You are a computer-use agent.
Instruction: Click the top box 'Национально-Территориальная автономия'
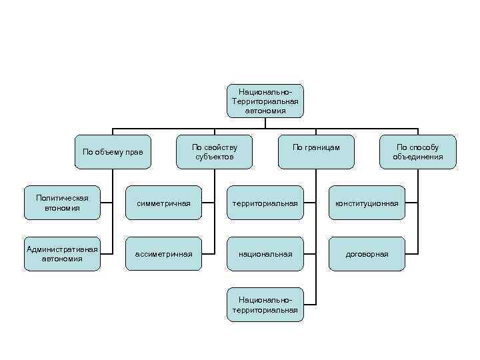pyautogui.click(x=265, y=101)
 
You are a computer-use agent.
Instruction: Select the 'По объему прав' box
pyautogui.click(x=112, y=152)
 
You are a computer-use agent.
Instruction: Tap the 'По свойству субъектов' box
pyautogui.click(x=214, y=151)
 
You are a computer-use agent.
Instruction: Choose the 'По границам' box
pyautogui.click(x=316, y=151)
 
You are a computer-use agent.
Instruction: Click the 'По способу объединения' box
pyautogui.click(x=418, y=151)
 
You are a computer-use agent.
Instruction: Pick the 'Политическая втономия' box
pyautogui.click(x=62, y=203)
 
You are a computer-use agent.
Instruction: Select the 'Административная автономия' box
pyautogui.click(x=62, y=253)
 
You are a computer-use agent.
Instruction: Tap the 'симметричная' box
pyautogui.click(x=163, y=203)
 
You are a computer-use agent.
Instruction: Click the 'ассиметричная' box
pyautogui.click(x=163, y=254)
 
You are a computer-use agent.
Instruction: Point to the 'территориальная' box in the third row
pyautogui.click(x=265, y=203)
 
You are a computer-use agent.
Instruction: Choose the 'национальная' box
pyautogui.click(x=265, y=254)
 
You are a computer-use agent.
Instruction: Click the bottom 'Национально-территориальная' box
pyautogui.click(x=265, y=305)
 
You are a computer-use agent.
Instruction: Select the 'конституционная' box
pyautogui.click(x=367, y=203)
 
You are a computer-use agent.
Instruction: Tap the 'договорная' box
pyautogui.click(x=367, y=254)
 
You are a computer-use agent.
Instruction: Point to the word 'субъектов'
pyautogui.click(x=214, y=157)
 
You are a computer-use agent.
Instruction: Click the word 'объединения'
pyautogui.click(x=418, y=157)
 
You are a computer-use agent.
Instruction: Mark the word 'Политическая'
pyautogui.click(x=62, y=198)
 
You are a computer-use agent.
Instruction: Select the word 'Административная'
pyautogui.click(x=62, y=249)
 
